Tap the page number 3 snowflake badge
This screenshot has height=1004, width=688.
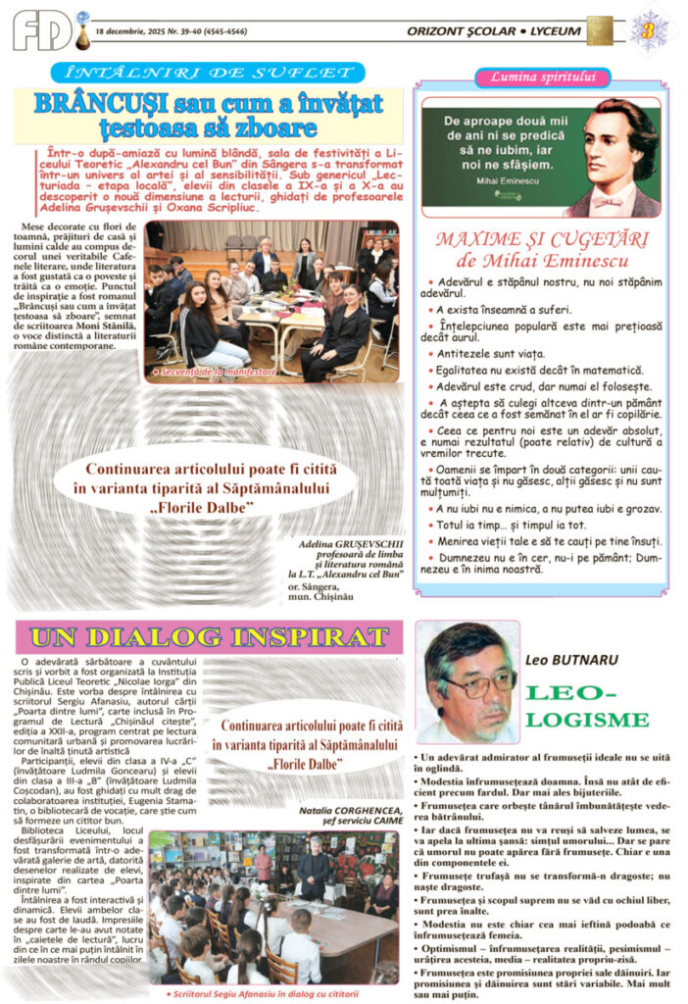pos(648,28)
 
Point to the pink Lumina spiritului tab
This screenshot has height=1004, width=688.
pos(542,77)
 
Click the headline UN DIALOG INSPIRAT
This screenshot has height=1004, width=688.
pos(210,636)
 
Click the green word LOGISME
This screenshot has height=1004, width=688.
pos(588,720)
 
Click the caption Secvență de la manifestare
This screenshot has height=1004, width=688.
pos(212,373)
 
